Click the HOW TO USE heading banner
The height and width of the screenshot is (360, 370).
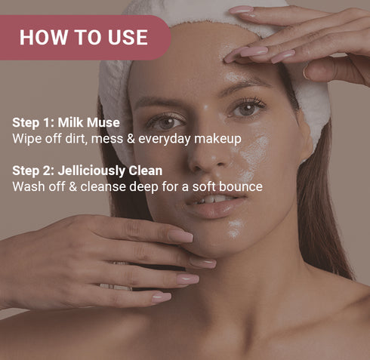point(83,37)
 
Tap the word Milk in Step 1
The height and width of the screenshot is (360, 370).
point(72,123)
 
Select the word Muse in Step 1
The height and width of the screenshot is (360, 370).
point(104,123)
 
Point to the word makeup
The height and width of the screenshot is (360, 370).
point(220,139)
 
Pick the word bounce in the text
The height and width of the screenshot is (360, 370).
point(242,186)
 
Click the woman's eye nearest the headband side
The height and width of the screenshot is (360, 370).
point(246,110)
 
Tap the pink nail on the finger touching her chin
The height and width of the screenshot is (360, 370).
point(181,236)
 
